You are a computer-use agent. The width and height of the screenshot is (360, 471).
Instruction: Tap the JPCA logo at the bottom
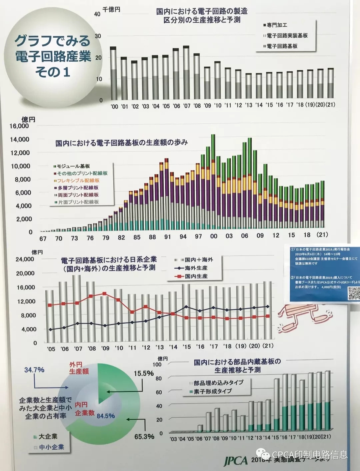(236, 461)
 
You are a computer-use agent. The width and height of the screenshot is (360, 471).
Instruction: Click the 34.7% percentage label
(34, 370)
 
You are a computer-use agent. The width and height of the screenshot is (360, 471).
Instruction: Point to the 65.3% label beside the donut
(144, 437)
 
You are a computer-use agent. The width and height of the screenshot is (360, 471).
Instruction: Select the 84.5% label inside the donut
(106, 416)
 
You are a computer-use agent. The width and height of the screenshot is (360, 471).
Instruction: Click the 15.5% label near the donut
(144, 374)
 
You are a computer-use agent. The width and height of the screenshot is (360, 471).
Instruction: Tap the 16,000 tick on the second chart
(19, 126)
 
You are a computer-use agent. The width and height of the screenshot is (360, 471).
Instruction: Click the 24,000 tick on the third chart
(25, 259)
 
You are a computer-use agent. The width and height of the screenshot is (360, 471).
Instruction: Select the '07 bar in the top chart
(186, 73)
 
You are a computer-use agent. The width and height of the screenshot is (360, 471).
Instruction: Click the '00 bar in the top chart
(113, 73)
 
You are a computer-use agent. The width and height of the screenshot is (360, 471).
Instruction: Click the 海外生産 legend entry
(196, 268)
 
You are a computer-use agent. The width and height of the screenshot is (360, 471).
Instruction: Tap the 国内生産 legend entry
(196, 276)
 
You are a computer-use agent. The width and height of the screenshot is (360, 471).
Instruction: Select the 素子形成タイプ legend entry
(213, 391)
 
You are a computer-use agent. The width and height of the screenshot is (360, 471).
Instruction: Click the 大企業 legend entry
(48, 436)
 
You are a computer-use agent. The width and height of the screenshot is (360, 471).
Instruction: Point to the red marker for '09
(105, 294)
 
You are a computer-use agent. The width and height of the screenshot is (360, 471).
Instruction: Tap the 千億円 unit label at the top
(111, 10)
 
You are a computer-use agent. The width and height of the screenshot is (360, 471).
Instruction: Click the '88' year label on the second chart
(152, 237)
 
